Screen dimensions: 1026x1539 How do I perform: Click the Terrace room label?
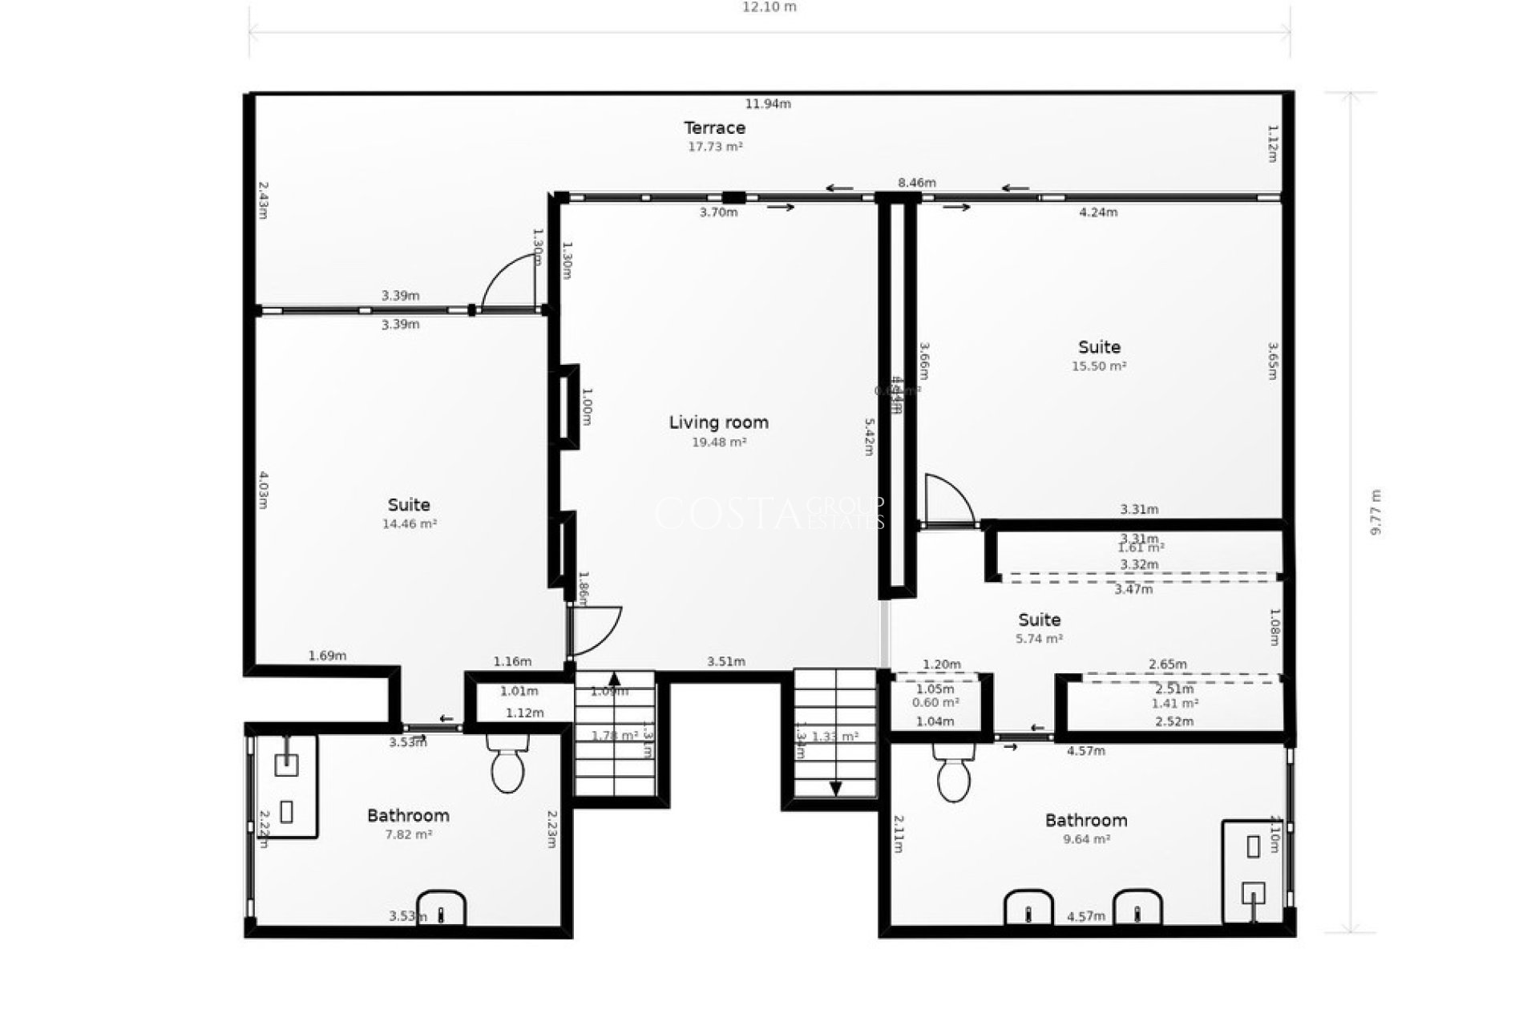coord(714,127)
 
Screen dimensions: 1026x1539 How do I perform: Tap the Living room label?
coord(718,422)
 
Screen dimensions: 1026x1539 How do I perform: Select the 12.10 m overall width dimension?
coord(769,7)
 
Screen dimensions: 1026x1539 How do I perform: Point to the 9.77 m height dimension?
coord(1376,513)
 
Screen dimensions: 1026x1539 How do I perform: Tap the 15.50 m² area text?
coord(1099,366)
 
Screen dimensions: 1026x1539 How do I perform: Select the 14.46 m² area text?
coord(409,524)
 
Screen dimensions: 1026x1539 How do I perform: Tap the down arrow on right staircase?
coord(835,789)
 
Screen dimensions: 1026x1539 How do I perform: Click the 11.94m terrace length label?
coord(768,103)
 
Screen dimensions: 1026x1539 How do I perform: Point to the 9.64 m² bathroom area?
coord(1085,839)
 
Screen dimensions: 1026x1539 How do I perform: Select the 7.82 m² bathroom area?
coord(408,834)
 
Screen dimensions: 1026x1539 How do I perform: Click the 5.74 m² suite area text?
coord(1039,639)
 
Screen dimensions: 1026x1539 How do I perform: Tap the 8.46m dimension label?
coord(916,183)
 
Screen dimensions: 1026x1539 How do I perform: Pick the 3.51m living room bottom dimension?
coord(725,661)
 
